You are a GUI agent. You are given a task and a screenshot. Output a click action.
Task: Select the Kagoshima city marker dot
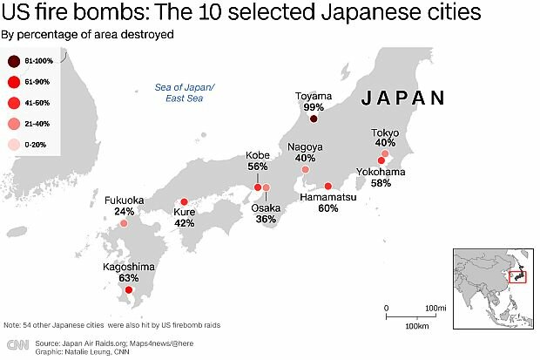point(129,290)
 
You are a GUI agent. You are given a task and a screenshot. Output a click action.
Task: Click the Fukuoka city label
point(124,200)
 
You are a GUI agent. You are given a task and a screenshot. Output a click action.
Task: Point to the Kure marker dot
point(184,201)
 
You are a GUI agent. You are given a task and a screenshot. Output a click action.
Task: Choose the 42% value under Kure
point(184,223)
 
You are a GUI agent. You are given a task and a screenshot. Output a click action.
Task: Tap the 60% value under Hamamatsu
point(328,208)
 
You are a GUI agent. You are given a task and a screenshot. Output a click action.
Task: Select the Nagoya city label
point(305,146)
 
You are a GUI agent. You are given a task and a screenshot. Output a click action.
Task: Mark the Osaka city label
point(266,208)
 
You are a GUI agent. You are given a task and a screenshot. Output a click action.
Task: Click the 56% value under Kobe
point(257,166)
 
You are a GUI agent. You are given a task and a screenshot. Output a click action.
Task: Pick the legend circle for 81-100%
point(14,61)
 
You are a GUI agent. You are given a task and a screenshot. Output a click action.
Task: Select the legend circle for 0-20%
point(14,143)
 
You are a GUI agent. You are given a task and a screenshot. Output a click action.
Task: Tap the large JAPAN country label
point(403,98)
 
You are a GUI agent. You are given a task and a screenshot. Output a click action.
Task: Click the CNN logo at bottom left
point(17,346)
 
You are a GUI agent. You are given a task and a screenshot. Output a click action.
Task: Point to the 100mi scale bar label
point(435,309)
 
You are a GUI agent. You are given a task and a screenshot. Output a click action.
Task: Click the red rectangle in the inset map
point(516,277)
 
